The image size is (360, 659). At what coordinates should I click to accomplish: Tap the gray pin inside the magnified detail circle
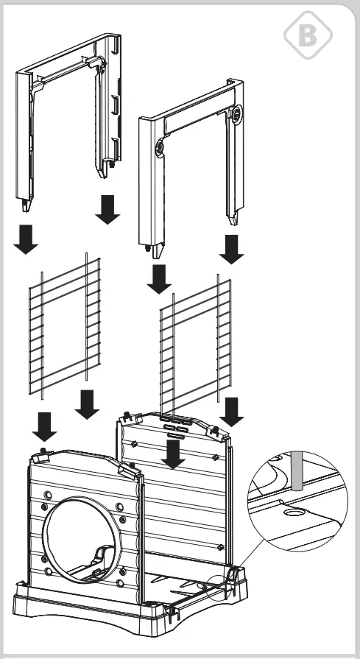point(297,471)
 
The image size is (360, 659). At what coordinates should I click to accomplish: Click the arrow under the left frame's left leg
point(27,238)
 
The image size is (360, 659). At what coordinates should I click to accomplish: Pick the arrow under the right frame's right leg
point(233,248)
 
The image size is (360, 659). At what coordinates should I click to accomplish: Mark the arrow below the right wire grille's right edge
point(233,410)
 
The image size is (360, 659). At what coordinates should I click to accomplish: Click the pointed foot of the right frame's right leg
point(233,219)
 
